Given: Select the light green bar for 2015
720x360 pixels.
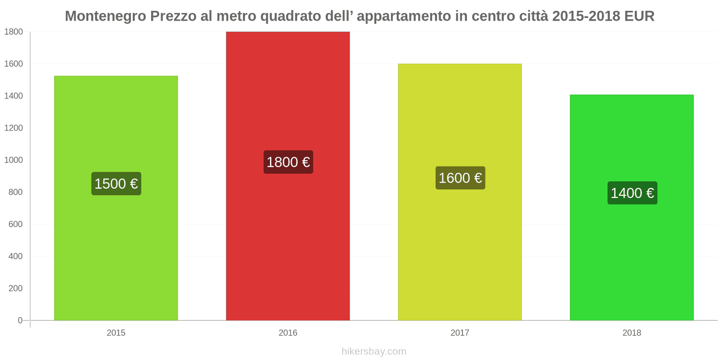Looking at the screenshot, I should click(116, 252).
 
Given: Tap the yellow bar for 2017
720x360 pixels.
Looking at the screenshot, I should click(460, 252).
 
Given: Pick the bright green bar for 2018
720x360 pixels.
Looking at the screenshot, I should click(632, 261).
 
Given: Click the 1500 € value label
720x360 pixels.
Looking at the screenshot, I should click(116, 184).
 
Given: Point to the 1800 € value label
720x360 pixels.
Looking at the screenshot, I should click(288, 162).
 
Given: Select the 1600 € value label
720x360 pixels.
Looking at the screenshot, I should click(460, 178).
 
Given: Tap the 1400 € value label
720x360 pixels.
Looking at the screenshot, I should click(632, 193).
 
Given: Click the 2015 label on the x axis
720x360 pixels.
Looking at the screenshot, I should click(116, 333).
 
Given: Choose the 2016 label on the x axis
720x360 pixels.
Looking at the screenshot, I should click(288, 333).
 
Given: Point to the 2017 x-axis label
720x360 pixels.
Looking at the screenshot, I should click(460, 333).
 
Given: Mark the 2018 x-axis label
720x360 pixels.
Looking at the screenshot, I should click(632, 333).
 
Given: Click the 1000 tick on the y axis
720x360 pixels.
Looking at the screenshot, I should click(13, 160).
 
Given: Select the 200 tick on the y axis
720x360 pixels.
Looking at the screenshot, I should click(15, 288).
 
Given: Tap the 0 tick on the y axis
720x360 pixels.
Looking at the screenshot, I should click(20, 320).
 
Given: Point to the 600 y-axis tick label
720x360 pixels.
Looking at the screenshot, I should click(15, 224).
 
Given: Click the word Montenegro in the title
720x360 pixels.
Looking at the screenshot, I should click(106, 16).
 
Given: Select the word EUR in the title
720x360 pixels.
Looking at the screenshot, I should click(639, 16).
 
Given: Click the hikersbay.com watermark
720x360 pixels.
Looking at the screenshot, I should click(373, 351).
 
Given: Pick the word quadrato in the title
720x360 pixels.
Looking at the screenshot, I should click(291, 16).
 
